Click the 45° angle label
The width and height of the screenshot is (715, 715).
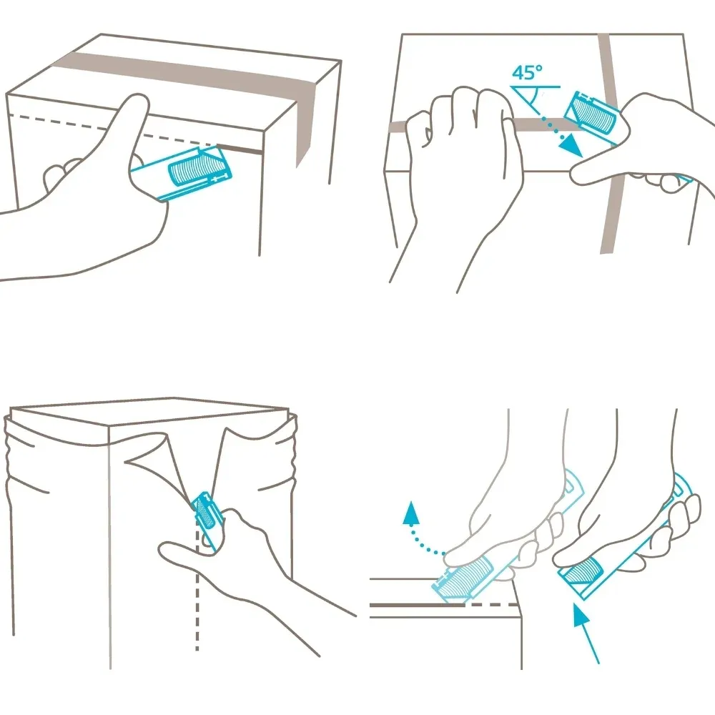pyautogui.click(x=527, y=72)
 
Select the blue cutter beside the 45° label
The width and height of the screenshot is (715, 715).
pyautogui.click(x=593, y=117)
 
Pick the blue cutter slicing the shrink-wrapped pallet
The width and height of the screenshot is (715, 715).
pyautogui.click(x=207, y=518)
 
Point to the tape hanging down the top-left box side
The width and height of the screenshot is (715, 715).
pyautogui.click(x=305, y=124)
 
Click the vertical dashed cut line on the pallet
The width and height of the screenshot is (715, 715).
pyautogui.click(x=197, y=588)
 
